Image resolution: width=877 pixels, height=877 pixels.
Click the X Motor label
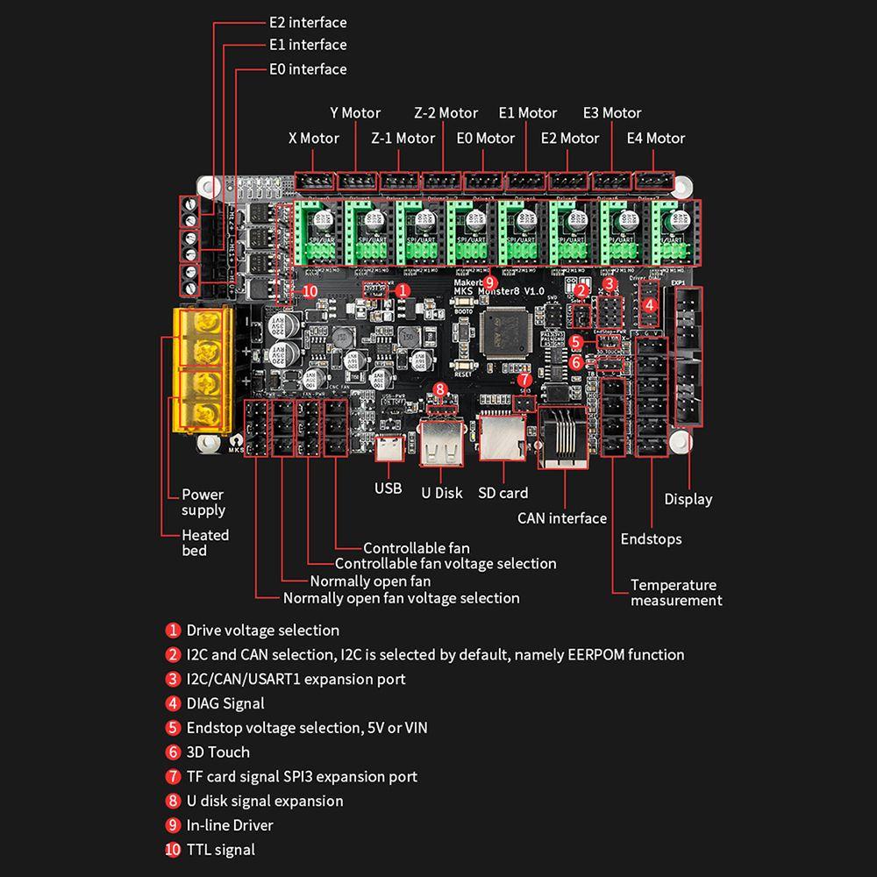coord(313,138)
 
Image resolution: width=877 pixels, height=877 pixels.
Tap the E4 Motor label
coord(655,138)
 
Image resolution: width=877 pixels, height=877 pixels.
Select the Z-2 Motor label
coord(446,112)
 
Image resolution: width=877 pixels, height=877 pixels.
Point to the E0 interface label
coord(307,68)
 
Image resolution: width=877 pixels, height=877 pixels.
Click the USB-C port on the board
coord(388,449)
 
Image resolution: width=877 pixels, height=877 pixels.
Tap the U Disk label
coord(441,493)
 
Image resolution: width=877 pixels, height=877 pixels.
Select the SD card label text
coord(503,493)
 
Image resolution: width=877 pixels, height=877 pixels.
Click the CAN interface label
coord(561,518)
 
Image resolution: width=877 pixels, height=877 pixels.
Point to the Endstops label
coord(651,539)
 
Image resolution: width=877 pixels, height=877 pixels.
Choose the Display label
coord(688,499)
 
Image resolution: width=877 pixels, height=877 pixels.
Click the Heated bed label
coord(205,543)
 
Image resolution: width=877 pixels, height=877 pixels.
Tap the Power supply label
coord(203,503)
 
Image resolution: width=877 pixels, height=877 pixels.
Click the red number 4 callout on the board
coord(650,305)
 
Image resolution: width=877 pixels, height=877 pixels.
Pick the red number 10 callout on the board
coord(309,291)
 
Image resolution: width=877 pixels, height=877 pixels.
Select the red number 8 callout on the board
coord(440,389)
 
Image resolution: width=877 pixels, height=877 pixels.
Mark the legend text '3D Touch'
coord(217,752)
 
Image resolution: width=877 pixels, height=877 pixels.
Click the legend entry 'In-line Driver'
coord(230,825)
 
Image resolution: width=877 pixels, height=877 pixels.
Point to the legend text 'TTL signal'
coord(220,849)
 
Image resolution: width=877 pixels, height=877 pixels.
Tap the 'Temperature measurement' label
coord(675,593)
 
